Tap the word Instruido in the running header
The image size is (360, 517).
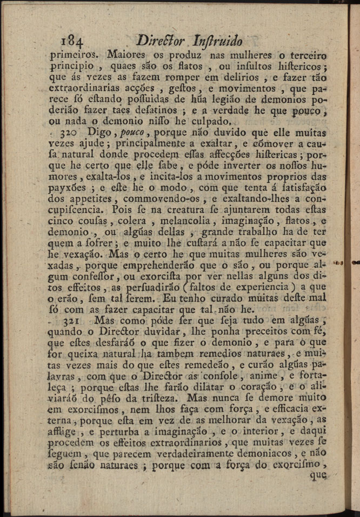222,41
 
